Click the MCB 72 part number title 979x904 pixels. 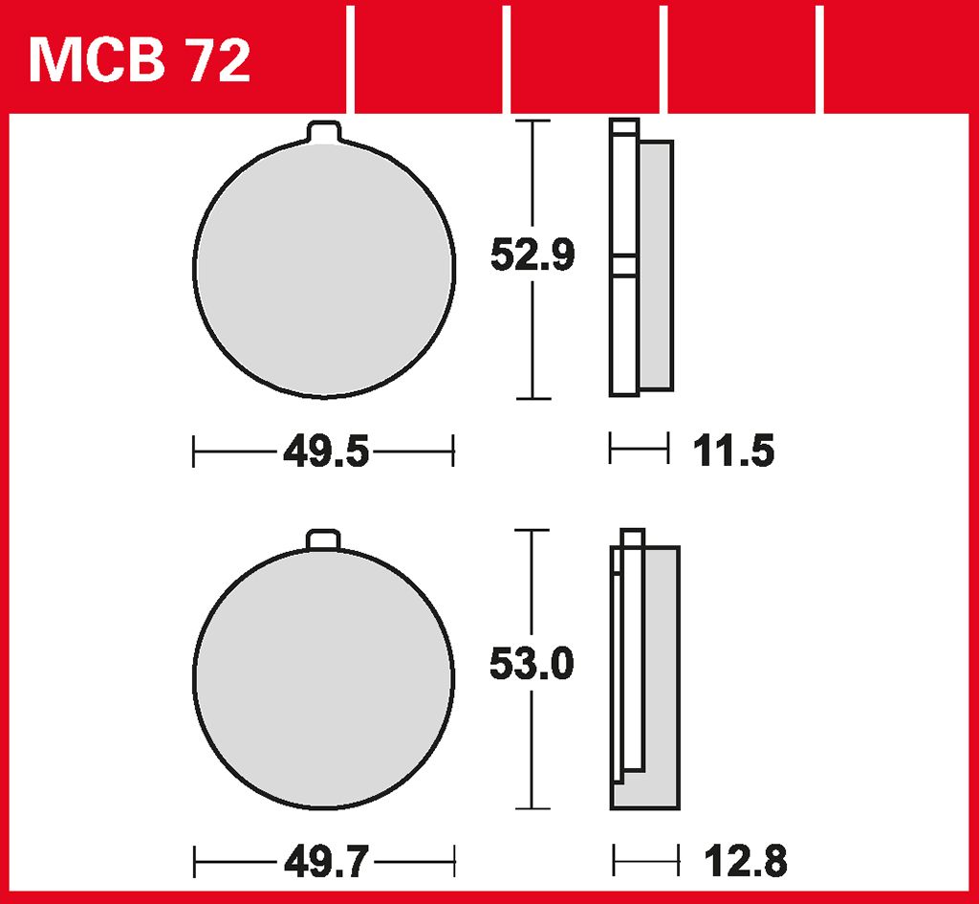click(140, 60)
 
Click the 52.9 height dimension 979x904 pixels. click(532, 254)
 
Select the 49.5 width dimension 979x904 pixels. click(326, 452)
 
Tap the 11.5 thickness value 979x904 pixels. click(733, 451)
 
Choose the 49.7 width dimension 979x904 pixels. click(327, 863)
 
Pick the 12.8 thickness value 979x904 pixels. click(746, 862)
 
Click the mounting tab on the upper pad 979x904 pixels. click(324, 132)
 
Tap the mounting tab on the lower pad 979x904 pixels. click(323, 540)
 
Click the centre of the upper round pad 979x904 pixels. click(324, 269)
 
